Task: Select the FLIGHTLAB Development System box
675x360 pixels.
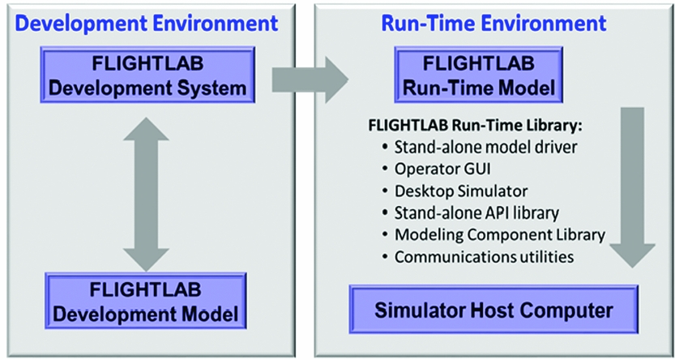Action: [147, 75]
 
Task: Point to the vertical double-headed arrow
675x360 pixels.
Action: [146, 192]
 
